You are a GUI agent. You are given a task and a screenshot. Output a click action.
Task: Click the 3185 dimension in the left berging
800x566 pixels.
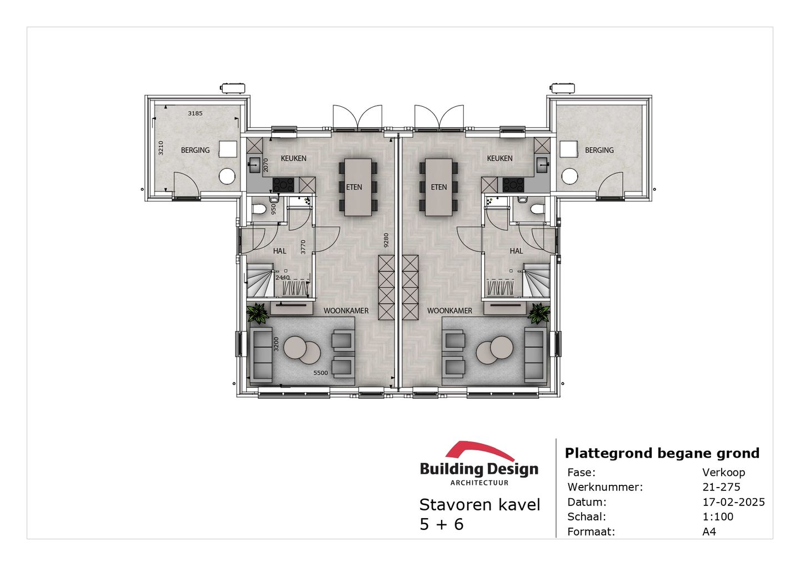pos(195,113)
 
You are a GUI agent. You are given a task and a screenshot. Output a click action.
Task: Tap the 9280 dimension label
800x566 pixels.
pos(386,240)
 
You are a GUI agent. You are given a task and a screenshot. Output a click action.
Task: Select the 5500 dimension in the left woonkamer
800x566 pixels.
pos(321,373)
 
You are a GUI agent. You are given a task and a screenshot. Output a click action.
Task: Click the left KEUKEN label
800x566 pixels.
pos(293,158)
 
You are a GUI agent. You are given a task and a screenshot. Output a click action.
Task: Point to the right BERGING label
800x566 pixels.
pos(599,150)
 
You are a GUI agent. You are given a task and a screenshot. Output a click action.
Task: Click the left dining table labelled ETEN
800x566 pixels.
pos(358,187)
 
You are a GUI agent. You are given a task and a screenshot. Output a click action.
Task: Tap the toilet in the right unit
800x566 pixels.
pos(536,209)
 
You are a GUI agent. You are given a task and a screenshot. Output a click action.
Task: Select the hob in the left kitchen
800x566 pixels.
pos(283,185)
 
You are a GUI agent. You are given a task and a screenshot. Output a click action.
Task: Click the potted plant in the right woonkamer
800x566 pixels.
pos(538,314)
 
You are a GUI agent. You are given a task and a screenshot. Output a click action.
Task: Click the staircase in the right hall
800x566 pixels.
pos(537,280)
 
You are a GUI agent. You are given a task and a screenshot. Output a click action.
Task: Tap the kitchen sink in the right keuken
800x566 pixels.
pos(542,163)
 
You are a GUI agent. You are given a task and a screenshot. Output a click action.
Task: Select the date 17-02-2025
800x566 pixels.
pos(733,502)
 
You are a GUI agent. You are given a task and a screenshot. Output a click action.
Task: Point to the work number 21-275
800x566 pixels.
pos(721,487)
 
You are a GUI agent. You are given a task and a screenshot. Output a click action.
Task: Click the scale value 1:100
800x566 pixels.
pos(718,517)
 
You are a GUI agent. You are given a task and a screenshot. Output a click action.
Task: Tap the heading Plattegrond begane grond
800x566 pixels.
pos(662,453)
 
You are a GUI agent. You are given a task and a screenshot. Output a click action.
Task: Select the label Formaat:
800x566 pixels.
pos(591,532)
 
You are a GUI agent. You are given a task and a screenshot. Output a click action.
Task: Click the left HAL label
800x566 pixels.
pos(279,251)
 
